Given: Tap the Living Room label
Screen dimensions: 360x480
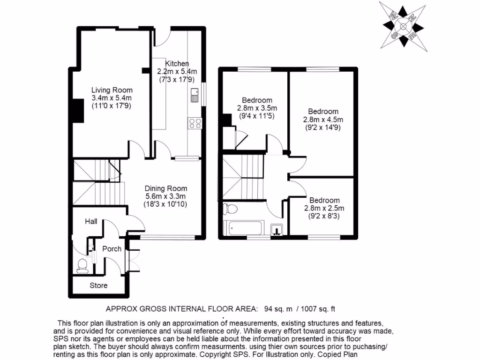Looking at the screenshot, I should [112, 90].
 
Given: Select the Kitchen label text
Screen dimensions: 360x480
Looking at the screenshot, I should [177, 63].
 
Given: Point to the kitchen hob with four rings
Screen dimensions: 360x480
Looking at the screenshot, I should [195, 123].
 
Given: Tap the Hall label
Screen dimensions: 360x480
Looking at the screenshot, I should [91, 221].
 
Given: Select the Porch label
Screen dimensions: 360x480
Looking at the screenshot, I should [112, 249].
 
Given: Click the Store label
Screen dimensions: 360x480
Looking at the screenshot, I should [98, 285].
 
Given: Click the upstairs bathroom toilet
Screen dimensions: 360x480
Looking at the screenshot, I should [231, 208].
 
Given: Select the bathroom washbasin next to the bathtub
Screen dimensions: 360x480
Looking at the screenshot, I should [277, 229].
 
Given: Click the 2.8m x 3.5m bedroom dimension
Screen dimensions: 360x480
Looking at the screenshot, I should [257, 108].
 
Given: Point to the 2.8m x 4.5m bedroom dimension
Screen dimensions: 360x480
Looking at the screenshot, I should [323, 120].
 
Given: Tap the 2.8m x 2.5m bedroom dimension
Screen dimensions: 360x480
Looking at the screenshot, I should [323, 208].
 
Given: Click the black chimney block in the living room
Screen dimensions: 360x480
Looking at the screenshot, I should [74, 110].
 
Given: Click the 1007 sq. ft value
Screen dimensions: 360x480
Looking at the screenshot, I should [317, 308].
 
